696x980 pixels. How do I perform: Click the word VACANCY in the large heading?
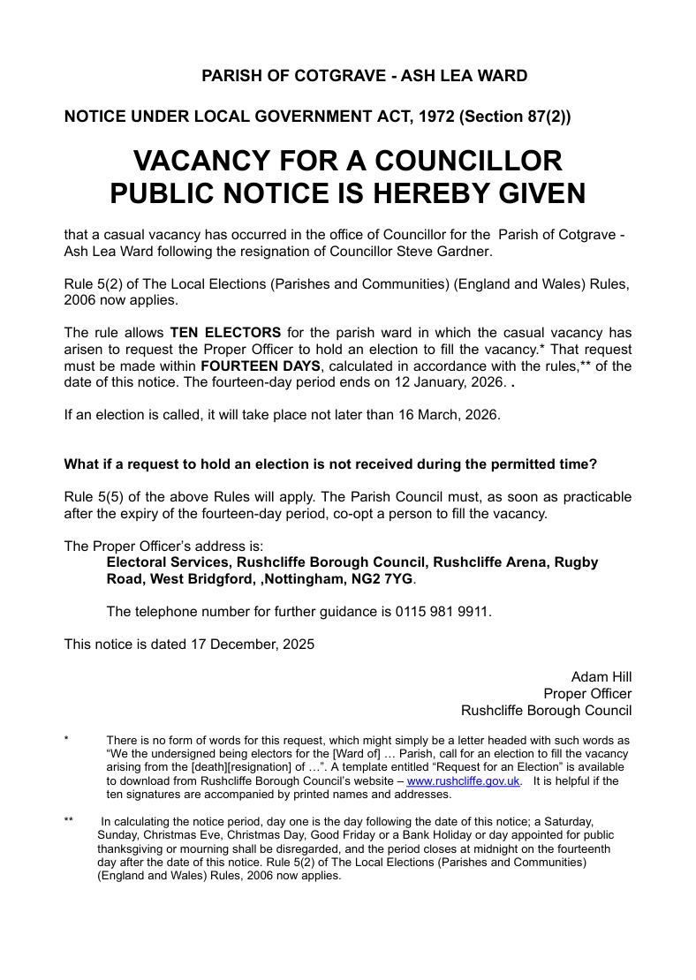pos(201,161)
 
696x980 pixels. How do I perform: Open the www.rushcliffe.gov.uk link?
pos(463,781)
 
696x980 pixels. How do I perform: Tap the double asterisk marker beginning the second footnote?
pos(69,821)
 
